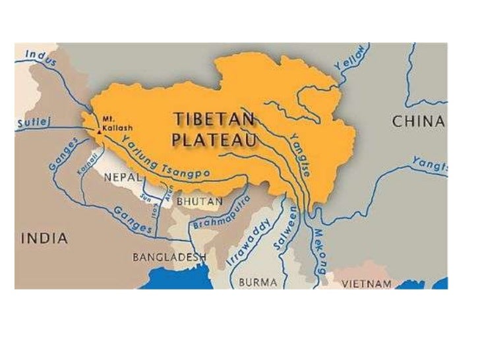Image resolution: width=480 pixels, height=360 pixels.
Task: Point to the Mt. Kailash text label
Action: pos(113,123)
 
